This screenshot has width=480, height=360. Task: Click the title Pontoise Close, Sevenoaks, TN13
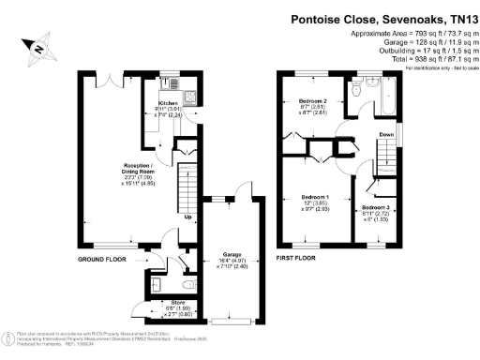(370, 16)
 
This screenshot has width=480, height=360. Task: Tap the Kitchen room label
(169, 103)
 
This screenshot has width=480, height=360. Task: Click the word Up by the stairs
(188, 218)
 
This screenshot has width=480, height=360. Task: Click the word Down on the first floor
(386, 135)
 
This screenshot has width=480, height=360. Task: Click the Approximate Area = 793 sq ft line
(411, 34)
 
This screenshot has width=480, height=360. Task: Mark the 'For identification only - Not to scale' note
(439, 68)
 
